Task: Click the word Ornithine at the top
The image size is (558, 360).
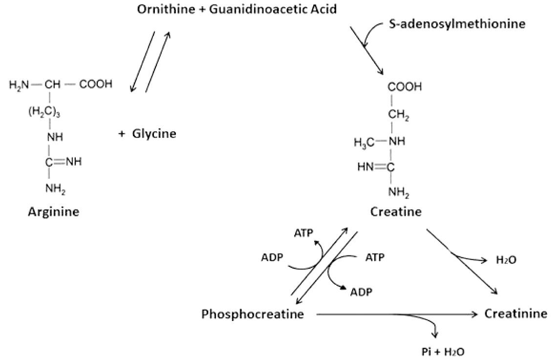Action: coord(166,9)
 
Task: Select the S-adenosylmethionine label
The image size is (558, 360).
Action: coord(457,24)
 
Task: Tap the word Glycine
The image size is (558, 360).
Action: coord(154,134)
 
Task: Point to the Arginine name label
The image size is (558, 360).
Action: coord(53,212)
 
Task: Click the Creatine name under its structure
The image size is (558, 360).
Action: coord(396,212)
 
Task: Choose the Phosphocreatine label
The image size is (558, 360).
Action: coord(253,314)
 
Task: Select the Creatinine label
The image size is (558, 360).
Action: coord(515,314)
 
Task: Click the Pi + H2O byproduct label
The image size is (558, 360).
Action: coord(443,352)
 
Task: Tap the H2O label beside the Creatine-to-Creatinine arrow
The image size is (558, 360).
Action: coord(506,260)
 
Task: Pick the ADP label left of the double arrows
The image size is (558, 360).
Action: coord(272,257)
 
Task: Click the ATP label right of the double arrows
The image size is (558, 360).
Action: coord(375,257)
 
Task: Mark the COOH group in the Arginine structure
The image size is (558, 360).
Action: coord(96,85)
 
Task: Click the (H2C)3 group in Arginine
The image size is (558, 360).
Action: coord(44,112)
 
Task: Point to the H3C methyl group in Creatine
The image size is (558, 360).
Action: coord(364,143)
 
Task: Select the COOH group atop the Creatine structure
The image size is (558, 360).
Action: coord(405,86)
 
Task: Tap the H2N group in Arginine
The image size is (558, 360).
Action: coord(19,85)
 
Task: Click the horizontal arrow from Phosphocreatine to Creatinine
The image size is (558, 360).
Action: coord(396,314)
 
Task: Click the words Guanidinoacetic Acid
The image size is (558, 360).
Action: coord(273,9)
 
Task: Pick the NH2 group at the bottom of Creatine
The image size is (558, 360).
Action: coord(399,193)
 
